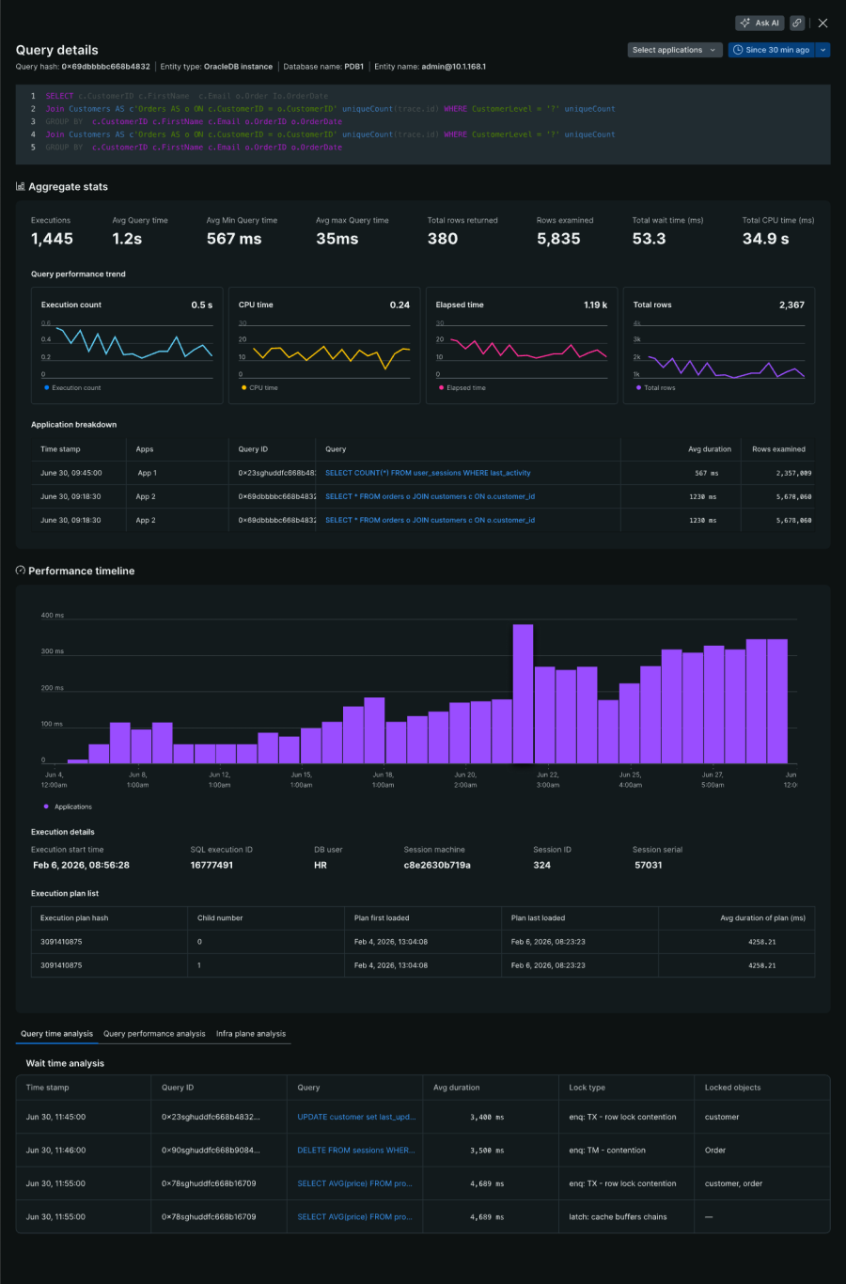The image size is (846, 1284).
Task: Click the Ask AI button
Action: pyautogui.click(x=760, y=23)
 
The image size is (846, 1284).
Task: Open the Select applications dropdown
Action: pyautogui.click(x=674, y=50)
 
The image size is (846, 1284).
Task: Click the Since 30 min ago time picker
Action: pyautogui.click(x=772, y=50)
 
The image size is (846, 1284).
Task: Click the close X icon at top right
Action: pyautogui.click(x=822, y=23)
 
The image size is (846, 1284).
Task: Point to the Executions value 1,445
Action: pyautogui.click(x=52, y=239)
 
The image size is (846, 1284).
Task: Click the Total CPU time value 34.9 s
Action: pyautogui.click(x=765, y=239)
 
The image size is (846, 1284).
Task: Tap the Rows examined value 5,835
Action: pyautogui.click(x=558, y=239)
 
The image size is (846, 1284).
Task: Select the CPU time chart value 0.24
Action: pyautogui.click(x=399, y=305)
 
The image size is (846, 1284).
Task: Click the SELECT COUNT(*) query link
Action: pyautogui.click(x=428, y=473)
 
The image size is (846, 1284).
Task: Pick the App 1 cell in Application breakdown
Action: pyautogui.click(x=147, y=473)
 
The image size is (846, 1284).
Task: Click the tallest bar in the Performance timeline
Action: pyautogui.click(x=523, y=693)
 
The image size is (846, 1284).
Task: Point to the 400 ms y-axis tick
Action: pyautogui.click(x=53, y=616)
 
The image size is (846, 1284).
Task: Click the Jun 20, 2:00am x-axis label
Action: pyautogui.click(x=465, y=779)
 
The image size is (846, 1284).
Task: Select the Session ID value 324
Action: pyautogui.click(x=541, y=865)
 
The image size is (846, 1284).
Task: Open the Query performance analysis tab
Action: pyautogui.click(x=154, y=1033)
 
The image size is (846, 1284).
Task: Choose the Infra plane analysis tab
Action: pyautogui.click(x=251, y=1033)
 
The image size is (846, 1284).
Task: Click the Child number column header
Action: pyautogui.click(x=220, y=917)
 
